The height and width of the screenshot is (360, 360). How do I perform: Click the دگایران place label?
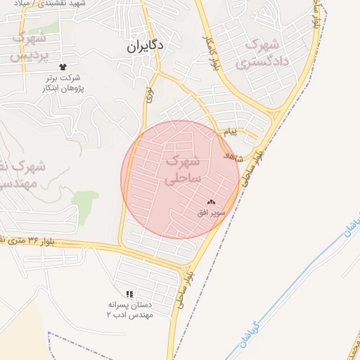click(x=145, y=46)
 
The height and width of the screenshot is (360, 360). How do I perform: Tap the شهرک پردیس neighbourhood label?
click(x=29, y=45)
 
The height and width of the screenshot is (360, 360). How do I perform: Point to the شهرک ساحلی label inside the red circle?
click(x=182, y=171)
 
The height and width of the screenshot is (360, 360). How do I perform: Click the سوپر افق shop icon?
click(x=212, y=202)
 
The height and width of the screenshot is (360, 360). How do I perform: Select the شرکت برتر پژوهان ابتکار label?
click(x=66, y=82)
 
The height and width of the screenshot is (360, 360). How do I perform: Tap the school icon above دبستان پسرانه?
click(x=129, y=294)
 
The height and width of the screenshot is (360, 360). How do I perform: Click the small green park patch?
click(x=85, y=203)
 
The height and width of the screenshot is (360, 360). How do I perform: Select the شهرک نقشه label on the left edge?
click(x=21, y=175)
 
